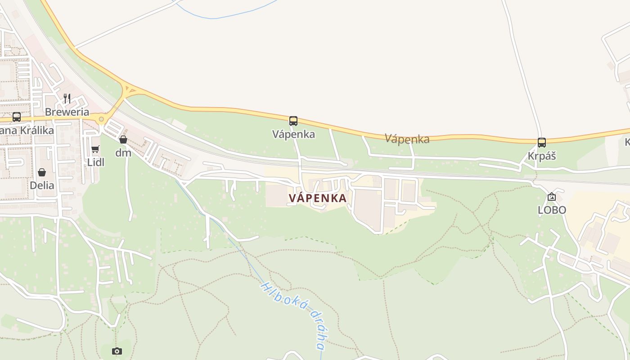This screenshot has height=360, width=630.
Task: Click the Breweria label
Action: point(67,112)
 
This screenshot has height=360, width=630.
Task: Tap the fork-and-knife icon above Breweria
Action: point(67,98)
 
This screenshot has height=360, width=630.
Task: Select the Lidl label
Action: point(95,162)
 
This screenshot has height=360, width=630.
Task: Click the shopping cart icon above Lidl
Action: point(95,149)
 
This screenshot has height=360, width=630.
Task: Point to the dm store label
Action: point(123,153)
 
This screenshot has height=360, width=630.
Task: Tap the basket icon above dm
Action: point(123,139)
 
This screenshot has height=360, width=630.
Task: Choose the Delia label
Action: point(42,185)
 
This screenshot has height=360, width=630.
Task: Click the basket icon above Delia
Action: point(42,172)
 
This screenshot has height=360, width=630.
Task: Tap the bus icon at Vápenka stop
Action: point(293,121)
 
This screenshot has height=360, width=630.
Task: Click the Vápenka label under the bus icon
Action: point(293,134)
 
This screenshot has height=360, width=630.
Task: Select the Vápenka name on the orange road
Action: point(407,139)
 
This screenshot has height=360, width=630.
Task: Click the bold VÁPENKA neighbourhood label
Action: point(318,198)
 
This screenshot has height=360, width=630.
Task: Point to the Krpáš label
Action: point(542,156)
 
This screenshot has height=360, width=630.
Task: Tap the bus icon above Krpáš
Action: point(542,143)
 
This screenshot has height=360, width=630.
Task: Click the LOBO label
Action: point(552,210)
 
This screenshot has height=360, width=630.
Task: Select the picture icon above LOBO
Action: point(552,197)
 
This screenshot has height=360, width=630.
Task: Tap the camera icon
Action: point(117,351)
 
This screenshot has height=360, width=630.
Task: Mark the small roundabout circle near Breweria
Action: point(101,119)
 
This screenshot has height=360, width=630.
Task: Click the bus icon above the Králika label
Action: point(17,117)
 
